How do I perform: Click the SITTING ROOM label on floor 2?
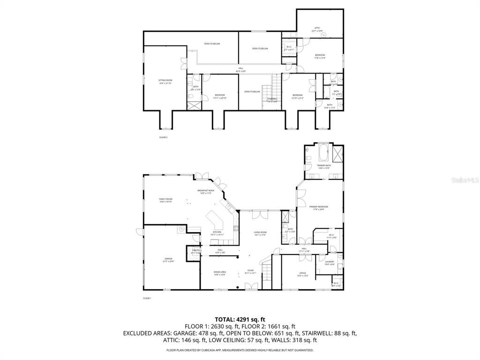click(x=165, y=81)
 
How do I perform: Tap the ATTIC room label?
click(x=317, y=29)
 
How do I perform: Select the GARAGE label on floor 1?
click(x=168, y=259)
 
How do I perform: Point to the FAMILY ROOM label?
click(x=165, y=200)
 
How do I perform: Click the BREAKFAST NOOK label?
click(x=207, y=191)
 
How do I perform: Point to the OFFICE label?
click(x=303, y=274)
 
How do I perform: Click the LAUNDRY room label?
click(x=330, y=262)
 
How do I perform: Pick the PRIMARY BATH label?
click(x=323, y=166)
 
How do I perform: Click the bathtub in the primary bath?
click(x=324, y=151)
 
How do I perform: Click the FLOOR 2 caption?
click(x=163, y=137)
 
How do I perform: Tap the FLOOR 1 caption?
click(x=147, y=298)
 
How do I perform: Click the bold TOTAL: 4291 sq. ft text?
click(x=240, y=319)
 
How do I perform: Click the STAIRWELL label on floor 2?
click(x=272, y=99)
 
